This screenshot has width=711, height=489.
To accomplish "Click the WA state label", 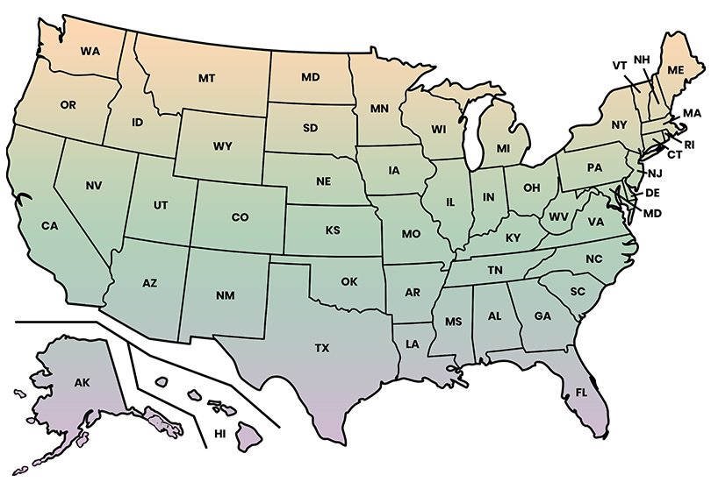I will tap(90, 51).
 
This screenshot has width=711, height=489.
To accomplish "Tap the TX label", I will tap(322, 349).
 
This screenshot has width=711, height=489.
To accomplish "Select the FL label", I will tap(581, 393).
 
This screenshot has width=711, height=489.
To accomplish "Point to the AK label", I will tap(83, 383).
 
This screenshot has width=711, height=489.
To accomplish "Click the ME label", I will tap(676, 69).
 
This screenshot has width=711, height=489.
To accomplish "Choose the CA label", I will tap(49, 226).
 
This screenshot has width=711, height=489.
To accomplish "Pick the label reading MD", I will tap(310, 77).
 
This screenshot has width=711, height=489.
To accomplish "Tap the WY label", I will tap(223, 146).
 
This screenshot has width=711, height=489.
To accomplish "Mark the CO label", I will tap(240, 216).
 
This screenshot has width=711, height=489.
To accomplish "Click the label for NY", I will tap(619, 125).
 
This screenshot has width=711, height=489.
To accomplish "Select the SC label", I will tap(577, 292).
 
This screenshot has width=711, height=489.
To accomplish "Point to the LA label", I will tap(412, 344).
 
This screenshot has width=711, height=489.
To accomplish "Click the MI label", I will tap(503, 148).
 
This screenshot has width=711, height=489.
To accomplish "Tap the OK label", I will tap(349, 282).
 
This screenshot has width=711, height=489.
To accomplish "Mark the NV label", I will tap(94, 186).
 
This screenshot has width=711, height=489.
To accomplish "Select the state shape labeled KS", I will tap(333, 230).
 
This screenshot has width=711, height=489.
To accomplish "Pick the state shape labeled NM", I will tap(225, 295).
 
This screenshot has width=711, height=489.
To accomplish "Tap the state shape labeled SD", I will tap(310, 128).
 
